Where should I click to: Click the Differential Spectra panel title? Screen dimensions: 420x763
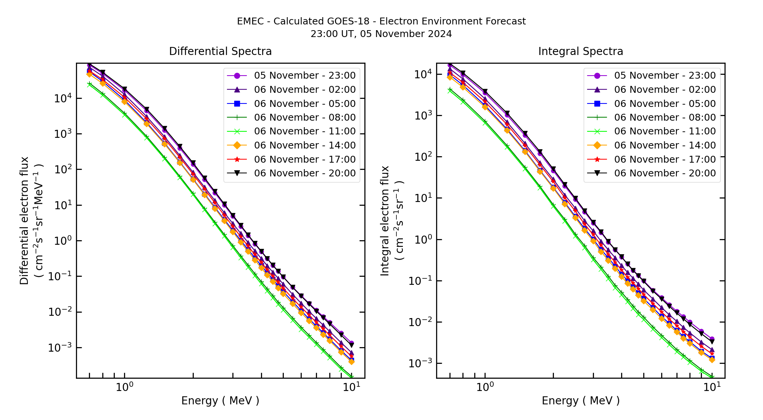point(220,52)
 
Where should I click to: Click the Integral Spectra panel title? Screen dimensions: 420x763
point(580,52)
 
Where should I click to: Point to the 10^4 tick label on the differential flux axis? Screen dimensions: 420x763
point(63,99)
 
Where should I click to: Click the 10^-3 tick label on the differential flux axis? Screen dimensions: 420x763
point(60,348)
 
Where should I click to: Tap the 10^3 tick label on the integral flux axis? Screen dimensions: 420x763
point(423,116)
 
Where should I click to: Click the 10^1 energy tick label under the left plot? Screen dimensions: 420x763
point(351,388)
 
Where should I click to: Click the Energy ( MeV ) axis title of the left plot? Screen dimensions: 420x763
point(220,401)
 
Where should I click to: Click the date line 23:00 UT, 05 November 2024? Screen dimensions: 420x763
point(381,34)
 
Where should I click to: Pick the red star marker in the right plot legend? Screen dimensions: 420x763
point(597,160)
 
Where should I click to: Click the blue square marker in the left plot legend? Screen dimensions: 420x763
point(237,103)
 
